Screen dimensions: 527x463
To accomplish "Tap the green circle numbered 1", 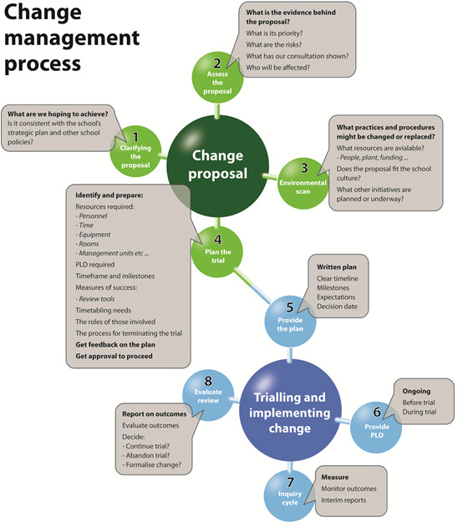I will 134,149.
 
